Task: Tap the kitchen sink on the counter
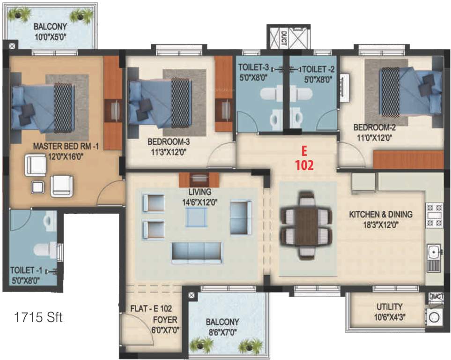click(x=435, y=253)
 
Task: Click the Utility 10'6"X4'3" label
click(x=389, y=311)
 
